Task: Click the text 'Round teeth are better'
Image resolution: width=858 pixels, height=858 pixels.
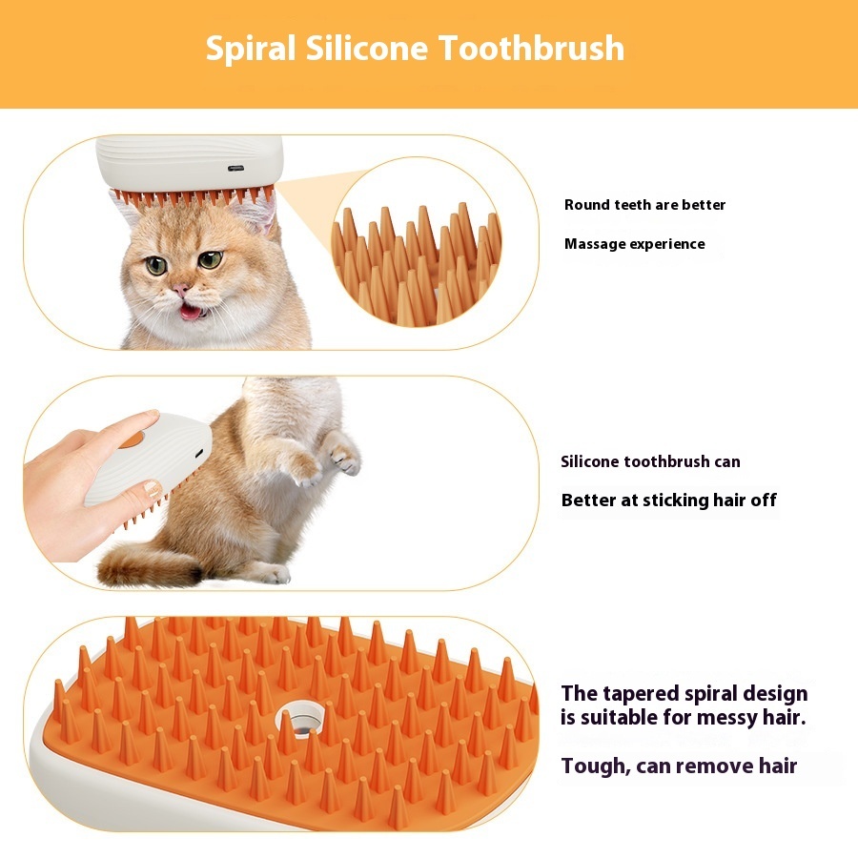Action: [644, 205]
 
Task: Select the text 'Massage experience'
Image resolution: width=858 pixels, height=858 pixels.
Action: [634, 244]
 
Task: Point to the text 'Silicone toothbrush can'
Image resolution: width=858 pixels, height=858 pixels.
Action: [650, 462]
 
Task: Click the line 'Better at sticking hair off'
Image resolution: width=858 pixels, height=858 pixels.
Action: [668, 500]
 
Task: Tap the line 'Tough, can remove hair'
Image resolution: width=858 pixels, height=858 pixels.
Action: [679, 766]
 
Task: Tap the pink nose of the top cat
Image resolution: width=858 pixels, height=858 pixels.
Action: [180, 290]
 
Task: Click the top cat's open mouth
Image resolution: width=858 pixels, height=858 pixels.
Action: [191, 311]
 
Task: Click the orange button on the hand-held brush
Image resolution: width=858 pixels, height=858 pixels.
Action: [131, 439]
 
